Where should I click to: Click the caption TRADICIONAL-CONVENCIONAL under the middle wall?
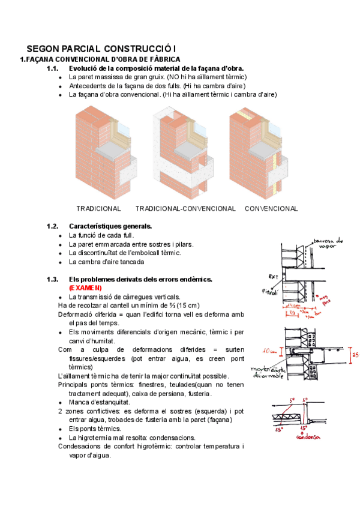pos(185,209)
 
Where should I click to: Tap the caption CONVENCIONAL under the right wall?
pos(271,209)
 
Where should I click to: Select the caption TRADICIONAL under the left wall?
pos(98,209)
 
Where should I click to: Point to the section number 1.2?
pos(53,226)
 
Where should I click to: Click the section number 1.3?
pos(53,280)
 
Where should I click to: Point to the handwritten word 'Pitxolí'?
pos(271,292)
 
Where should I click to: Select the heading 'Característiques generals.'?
pos(110,226)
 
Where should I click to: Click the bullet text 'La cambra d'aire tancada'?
pos(106,262)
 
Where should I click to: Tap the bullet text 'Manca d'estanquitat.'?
pos(99,402)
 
